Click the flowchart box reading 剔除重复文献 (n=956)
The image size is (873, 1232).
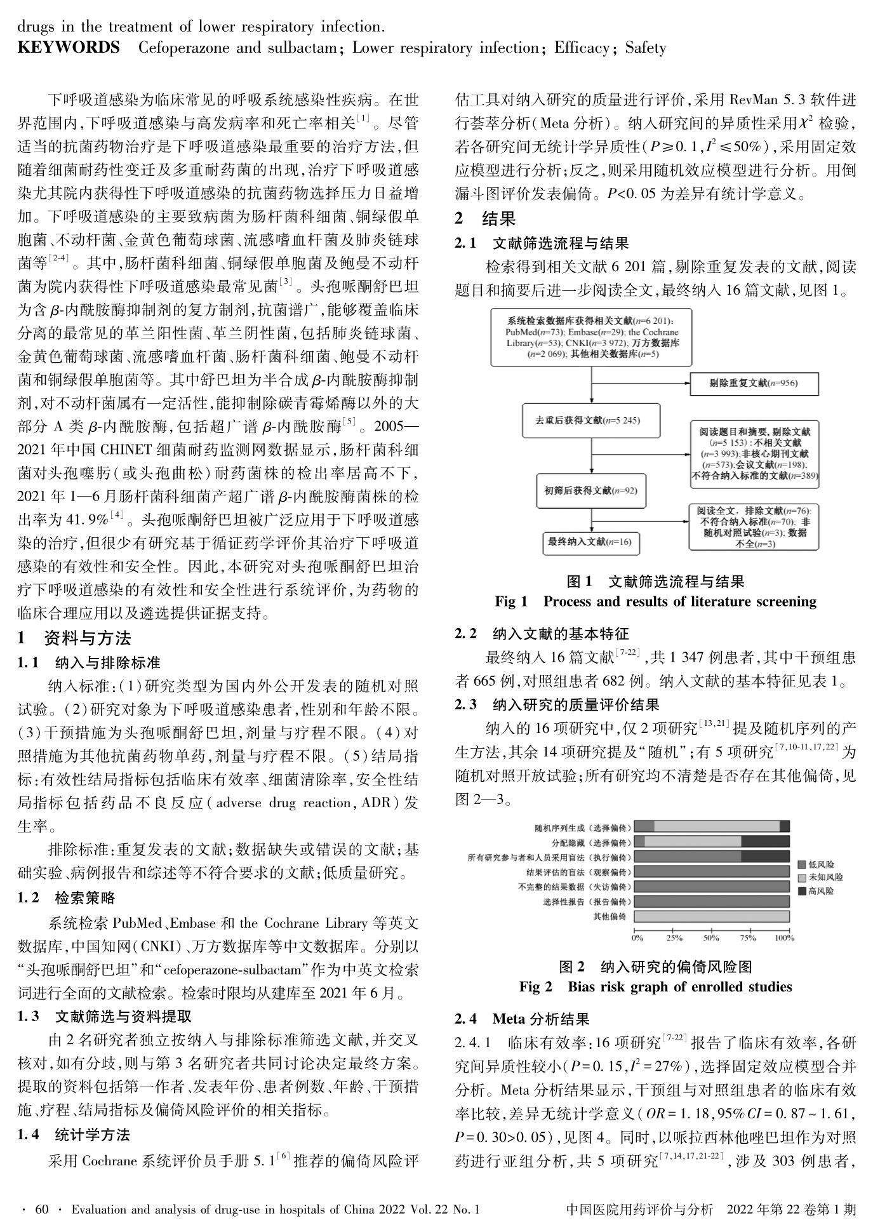click(754, 384)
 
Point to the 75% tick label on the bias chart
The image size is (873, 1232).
click(748, 937)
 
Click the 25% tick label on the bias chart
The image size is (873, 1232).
click(674, 937)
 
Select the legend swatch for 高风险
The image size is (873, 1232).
click(802, 891)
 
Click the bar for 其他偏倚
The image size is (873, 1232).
click(712, 916)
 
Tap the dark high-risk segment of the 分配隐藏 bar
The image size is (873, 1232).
click(765, 841)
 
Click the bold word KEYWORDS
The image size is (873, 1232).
click(68, 48)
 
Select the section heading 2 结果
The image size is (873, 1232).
click(486, 219)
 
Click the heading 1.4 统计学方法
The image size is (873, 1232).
click(74, 1134)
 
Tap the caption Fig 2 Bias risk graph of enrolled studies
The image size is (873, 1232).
click(655, 986)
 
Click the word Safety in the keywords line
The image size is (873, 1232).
click(645, 48)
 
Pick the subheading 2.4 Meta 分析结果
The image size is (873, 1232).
click(522, 1019)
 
